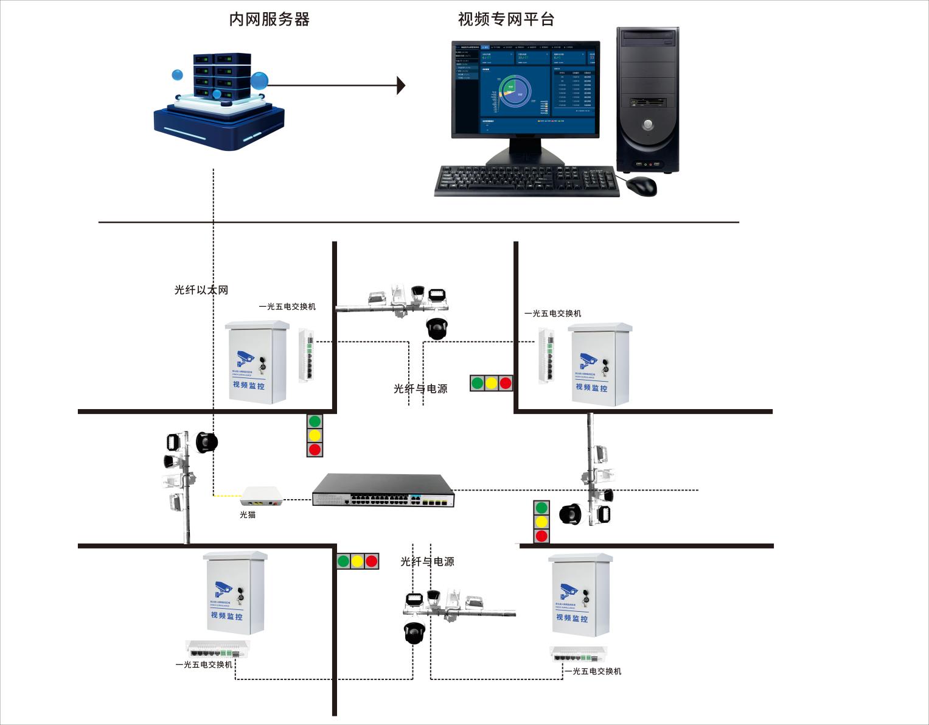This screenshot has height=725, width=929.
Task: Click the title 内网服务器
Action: click(x=269, y=19)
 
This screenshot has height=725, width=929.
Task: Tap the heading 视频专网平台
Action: click(x=506, y=19)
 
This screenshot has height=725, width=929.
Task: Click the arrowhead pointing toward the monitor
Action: click(x=400, y=86)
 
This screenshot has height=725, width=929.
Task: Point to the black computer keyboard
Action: click(x=527, y=181)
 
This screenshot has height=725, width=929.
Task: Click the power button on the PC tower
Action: click(x=648, y=125)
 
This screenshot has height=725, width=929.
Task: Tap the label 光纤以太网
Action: click(x=201, y=290)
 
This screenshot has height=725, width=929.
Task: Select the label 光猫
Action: click(x=248, y=515)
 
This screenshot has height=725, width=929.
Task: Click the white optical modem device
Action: click(x=262, y=496)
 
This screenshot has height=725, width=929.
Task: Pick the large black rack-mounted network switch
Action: click(x=383, y=491)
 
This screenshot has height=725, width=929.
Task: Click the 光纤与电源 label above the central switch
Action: click(x=420, y=388)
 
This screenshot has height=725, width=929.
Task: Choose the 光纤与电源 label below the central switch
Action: click(x=427, y=561)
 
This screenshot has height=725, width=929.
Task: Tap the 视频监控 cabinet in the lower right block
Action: click(x=579, y=595)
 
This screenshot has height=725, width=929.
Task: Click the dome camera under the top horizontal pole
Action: click(x=437, y=328)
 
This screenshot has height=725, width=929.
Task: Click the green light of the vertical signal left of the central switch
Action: click(x=315, y=421)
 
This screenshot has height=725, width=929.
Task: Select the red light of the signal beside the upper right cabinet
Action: click(x=505, y=383)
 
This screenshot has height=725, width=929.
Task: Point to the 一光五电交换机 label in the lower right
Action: click(x=593, y=671)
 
